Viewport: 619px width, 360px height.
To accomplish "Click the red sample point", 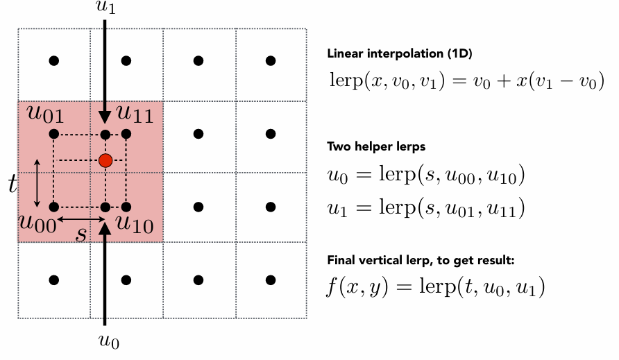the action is pyautogui.click(x=105, y=161).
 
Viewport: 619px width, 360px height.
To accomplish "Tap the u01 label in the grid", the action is pyautogui.click(x=45, y=114).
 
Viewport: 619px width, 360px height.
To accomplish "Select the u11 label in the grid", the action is pyautogui.click(x=135, y=114).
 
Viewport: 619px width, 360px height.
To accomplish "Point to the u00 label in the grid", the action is pyautogui.click(x=38, y=223).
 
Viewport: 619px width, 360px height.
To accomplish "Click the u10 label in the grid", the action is pyautogui.click(x=134, y=224).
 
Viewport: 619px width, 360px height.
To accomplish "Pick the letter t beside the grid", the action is pyautogui.click(x=13, y=184).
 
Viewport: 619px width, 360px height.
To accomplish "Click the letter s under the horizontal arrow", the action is pyautogui.click(x=81, y=234).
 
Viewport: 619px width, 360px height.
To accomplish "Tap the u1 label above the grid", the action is pyautogui.click(x=105, y=7).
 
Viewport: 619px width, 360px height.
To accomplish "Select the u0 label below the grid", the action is pyautogui.click(x=109, y=341).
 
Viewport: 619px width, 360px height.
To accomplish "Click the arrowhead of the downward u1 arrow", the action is pyautogui.click(x=105, y=117).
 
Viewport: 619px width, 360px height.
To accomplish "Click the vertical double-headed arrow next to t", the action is pyautogui.click(x=37, y=183).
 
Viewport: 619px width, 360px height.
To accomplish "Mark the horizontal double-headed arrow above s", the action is pyautogui.click(x=81, y=219).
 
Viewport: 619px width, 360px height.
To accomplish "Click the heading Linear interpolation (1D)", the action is pyautogui.click(x=400, y=53).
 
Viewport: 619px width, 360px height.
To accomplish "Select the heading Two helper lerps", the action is pyautogui.click(x=376, y=147).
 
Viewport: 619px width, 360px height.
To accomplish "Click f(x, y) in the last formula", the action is pyautogui.click(x=357, y=286).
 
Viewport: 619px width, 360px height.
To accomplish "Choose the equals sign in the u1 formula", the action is pyautogui.click(x=364, y=208).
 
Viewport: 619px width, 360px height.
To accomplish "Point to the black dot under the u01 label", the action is pyautogui.click(x=54, y=134).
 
